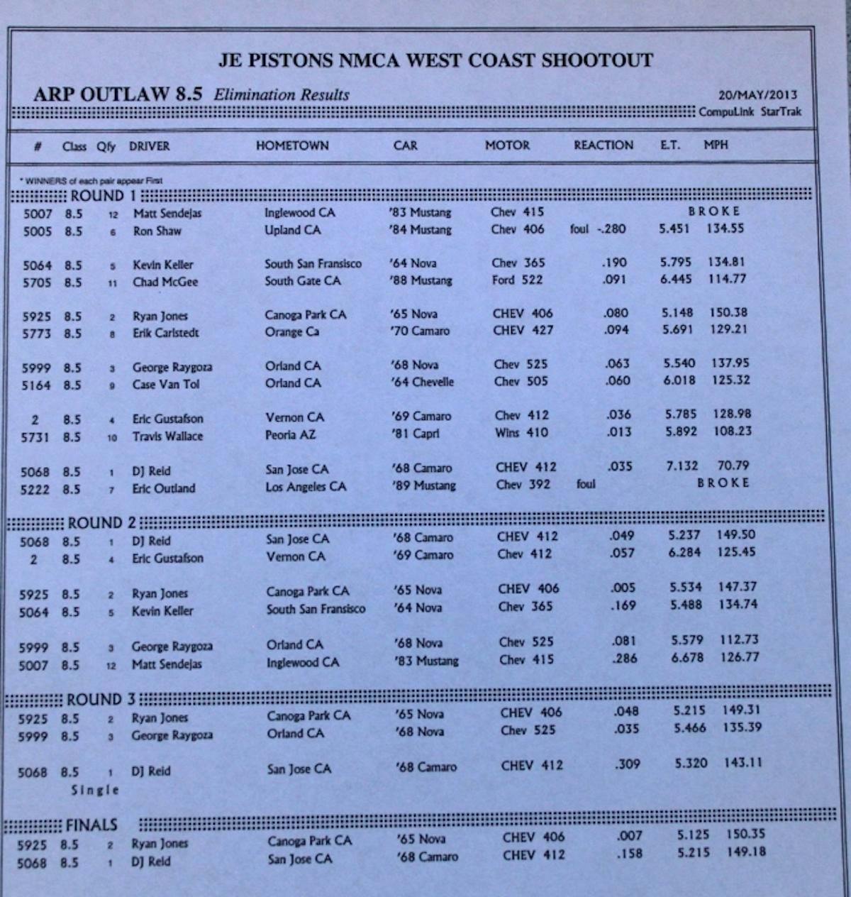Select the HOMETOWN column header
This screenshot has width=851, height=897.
tap(292, 145)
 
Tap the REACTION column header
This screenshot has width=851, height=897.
tap(604, 145)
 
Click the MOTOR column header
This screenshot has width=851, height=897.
tap(507, 145)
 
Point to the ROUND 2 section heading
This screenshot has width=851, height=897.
tap(102, 523)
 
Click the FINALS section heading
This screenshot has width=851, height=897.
tap(91, 825)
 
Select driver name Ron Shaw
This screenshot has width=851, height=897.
tap(157, 231)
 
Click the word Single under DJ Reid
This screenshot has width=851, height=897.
tap(95, 790)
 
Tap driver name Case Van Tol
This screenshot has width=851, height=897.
tap(166, 384)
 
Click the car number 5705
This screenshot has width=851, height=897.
tap(37, 282)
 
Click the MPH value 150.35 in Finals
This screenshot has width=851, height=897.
tap(745, 835)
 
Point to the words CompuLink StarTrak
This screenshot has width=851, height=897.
tap(750, 112)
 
